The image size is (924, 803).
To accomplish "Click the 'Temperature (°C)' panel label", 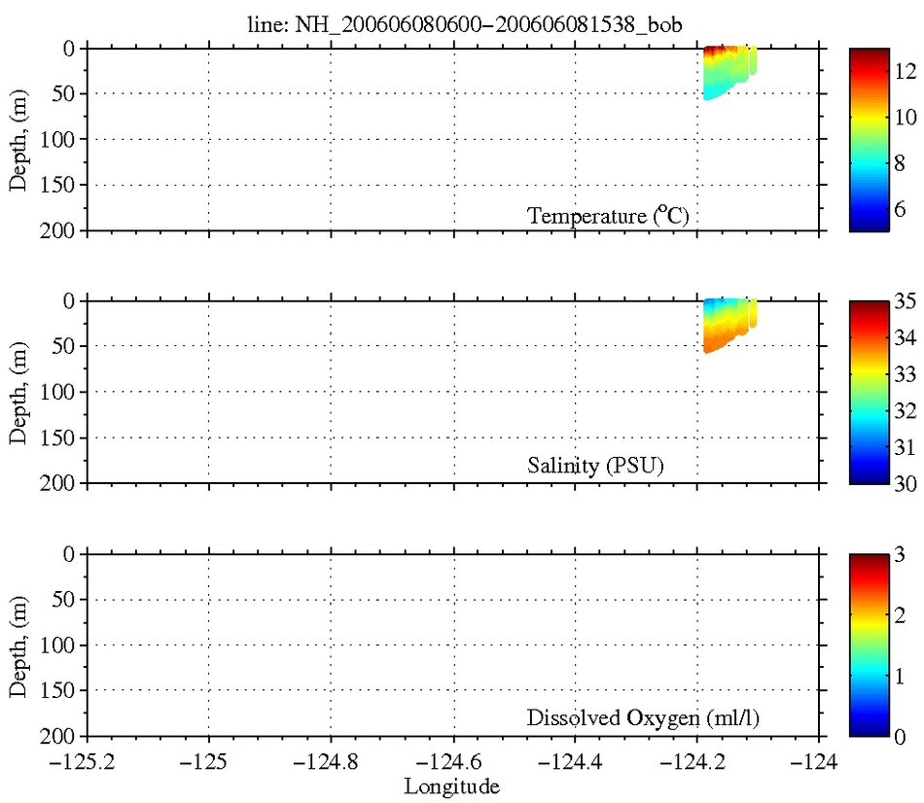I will (x=608, y=216).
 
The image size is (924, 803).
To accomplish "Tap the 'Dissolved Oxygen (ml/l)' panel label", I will (x=643, y=719).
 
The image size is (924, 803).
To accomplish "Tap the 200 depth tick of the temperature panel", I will (x=63, y=230).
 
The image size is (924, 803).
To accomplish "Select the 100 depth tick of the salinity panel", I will (x=63, y=392).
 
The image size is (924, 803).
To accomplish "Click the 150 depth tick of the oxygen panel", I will (x=63, y=690).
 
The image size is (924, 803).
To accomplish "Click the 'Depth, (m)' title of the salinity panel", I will (x=18, y=392).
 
